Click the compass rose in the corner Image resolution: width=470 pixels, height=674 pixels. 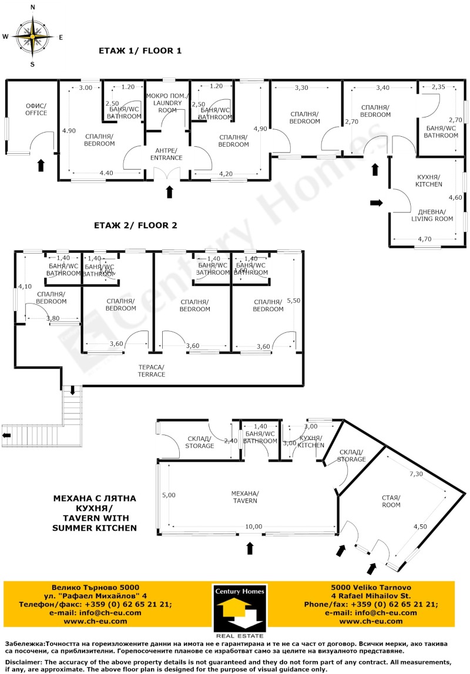tap(32, 36)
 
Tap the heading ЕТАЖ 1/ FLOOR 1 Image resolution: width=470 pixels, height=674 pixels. tap(140, 51)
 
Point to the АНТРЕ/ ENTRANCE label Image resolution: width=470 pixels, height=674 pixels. tap(167, 153)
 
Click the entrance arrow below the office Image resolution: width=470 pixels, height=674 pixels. tap(41, 165)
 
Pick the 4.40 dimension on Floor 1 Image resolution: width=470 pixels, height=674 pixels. tap(106, 173)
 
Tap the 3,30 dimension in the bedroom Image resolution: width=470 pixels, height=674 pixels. tap(301, 88)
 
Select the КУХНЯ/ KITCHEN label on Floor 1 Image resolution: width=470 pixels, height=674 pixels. tap(429, 181)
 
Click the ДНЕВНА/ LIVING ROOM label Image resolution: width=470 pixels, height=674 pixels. tap(432, 215)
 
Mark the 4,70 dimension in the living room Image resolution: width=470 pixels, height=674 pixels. tap(424, 239)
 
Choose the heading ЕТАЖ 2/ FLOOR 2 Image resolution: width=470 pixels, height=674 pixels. tap(136, 225)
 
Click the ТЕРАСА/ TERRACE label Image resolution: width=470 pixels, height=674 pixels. tap(152, 370)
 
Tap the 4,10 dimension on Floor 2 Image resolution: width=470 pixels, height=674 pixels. tap(24, 287)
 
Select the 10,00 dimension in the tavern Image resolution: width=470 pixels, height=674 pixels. tap(254, 527)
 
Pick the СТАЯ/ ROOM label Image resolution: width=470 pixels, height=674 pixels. tap(391, 501)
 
